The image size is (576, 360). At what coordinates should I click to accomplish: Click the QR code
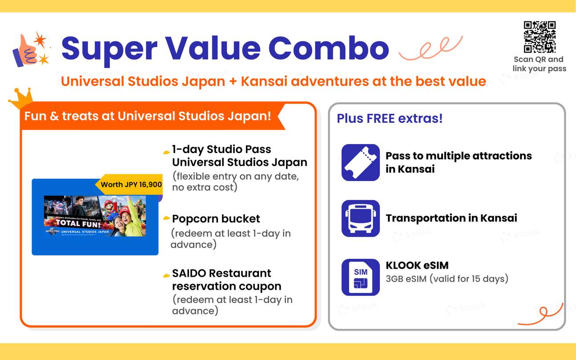pyautogui.click(x=540, y=37)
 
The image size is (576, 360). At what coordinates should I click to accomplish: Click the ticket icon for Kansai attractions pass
pyautogui.click(x=360, y=162)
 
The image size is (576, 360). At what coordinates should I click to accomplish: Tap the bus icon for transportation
pyautogui.click(x=360, y=218)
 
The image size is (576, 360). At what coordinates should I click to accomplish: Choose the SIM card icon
pyautogui.click(x=360, y=277)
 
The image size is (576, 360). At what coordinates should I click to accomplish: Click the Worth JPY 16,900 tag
pyautogui.click(x=131, y=184)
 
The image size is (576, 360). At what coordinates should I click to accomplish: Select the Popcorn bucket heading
pyautogui.click(x=216, y=219)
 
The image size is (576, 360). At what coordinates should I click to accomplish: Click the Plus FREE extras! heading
pyautogui.click(x=390, y=119)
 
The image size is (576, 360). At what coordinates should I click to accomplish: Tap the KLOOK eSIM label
pyautogui.click(x=417, y=266)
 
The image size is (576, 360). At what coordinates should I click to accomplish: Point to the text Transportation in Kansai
pyautogui.click(x=451, y=218)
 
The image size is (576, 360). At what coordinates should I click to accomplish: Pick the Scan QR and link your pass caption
pyautogui.click(x=539, y=64)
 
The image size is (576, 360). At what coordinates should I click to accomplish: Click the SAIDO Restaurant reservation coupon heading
pyautogui.click(x=226, y=279)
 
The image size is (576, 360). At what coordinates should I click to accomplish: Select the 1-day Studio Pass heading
pyautogui.click(x=239, y=156)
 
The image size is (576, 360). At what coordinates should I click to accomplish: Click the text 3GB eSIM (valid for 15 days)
pyautogui.click(x=447, y=279)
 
